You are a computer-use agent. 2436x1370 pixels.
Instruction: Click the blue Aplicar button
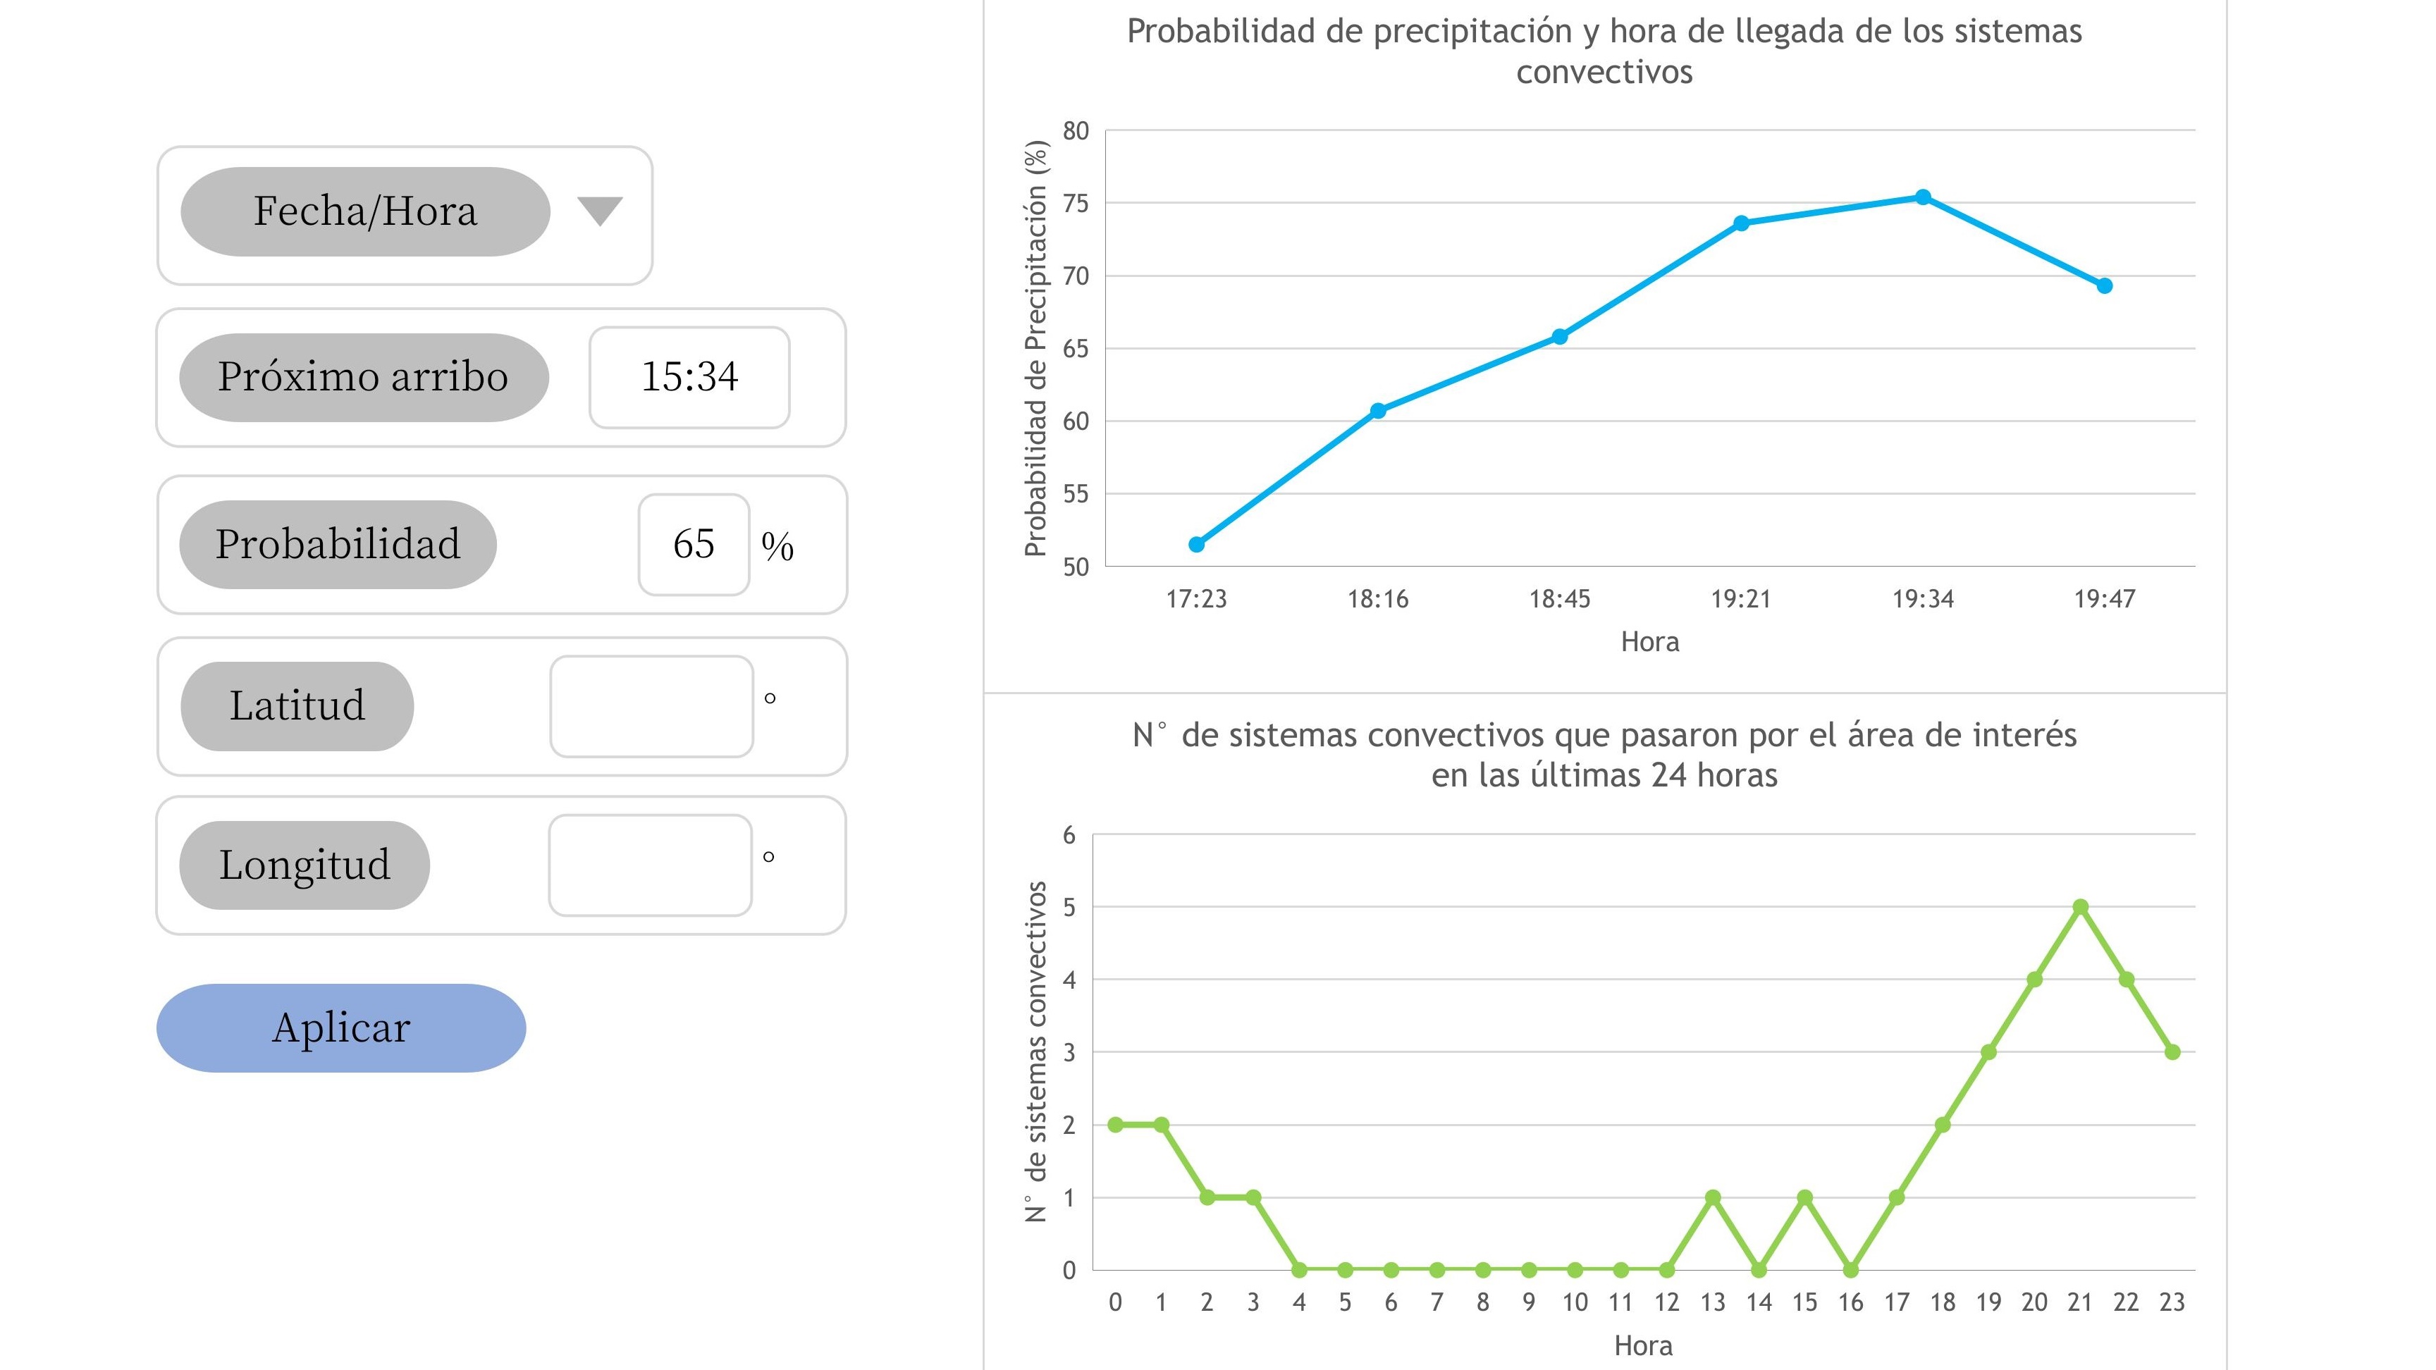(x=340, y=1027)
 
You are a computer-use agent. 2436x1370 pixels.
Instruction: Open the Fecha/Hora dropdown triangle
(x=600, y=211)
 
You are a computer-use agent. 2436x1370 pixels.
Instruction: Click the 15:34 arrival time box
(x=689, y=377)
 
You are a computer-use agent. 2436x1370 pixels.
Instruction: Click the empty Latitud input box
(x=651, y=706)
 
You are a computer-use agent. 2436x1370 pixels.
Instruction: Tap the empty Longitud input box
(x=651, y=865)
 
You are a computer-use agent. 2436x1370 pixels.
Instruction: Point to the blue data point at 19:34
(x=1923, y=197)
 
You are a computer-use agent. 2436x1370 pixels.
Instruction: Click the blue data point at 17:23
(x=1196, y=545)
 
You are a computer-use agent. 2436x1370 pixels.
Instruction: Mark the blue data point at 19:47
(x=2104, y=285)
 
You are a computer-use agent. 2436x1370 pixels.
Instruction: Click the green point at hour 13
(x=1713, y=1197)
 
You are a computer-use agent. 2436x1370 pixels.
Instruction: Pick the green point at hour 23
(x=2172, y=1052)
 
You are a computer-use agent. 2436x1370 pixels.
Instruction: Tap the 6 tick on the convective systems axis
(x=1069, y=835)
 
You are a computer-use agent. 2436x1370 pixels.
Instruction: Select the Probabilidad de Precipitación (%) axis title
(x=1036, y=348)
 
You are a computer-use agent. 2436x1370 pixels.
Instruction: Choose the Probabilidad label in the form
(x=338, y=545)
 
